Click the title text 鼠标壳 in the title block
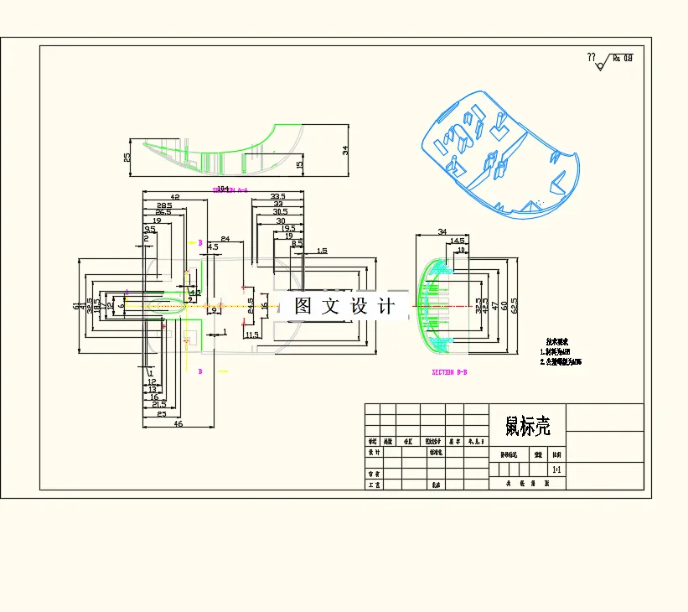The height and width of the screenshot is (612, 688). tap(527, 427)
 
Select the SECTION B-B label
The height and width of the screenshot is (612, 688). tap(449, 371)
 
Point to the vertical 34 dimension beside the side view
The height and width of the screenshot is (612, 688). tap(344, 150)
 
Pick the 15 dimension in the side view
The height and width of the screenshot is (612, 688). tap(299, 164)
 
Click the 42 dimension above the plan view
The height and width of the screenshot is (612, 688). tap(175, 196)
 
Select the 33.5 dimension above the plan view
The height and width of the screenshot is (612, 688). tap(277, 196)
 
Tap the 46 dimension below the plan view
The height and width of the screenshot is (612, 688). tap(178, 424)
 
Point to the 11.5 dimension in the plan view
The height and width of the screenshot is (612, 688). tap(252, 335)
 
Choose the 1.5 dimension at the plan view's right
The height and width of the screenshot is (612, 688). tap(322, 251)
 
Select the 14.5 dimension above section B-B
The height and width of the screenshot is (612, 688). tap(458, 241)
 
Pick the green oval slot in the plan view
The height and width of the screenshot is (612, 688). tap(167, 307)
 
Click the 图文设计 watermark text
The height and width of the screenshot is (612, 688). tap(344, 306)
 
